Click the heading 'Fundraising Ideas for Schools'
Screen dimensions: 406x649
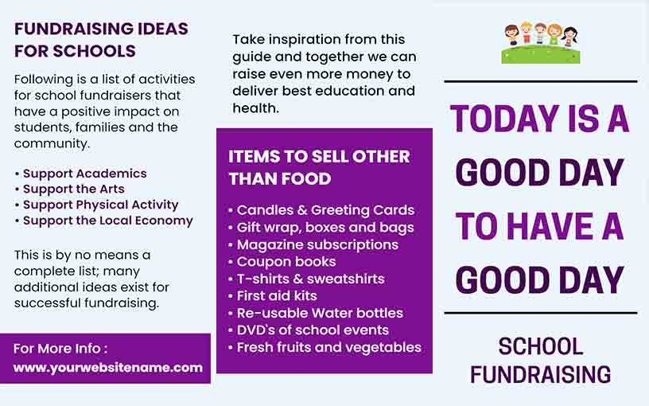tap(101, 40)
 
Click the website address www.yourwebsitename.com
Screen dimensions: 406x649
tap(108, 368)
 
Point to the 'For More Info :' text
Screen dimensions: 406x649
tap(60, 349)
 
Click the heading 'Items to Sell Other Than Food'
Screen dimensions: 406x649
tap(319, 167)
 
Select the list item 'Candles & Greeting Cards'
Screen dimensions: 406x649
tap(325, 210)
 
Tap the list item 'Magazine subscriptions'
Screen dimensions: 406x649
tap(317, 244)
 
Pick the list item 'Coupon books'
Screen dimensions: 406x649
tap(286, 262)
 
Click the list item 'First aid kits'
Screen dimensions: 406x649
tap(277, 296)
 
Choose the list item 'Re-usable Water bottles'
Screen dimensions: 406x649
tap(320, 313)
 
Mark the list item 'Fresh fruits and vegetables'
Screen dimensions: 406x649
tap(328, 347)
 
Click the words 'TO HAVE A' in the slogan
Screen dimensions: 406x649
tap(540, 227)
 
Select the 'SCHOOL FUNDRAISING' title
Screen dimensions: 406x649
tap(540, 360)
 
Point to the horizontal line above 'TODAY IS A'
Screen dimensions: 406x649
tap(540, 81)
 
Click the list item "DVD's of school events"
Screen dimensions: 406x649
tap(313, 330)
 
